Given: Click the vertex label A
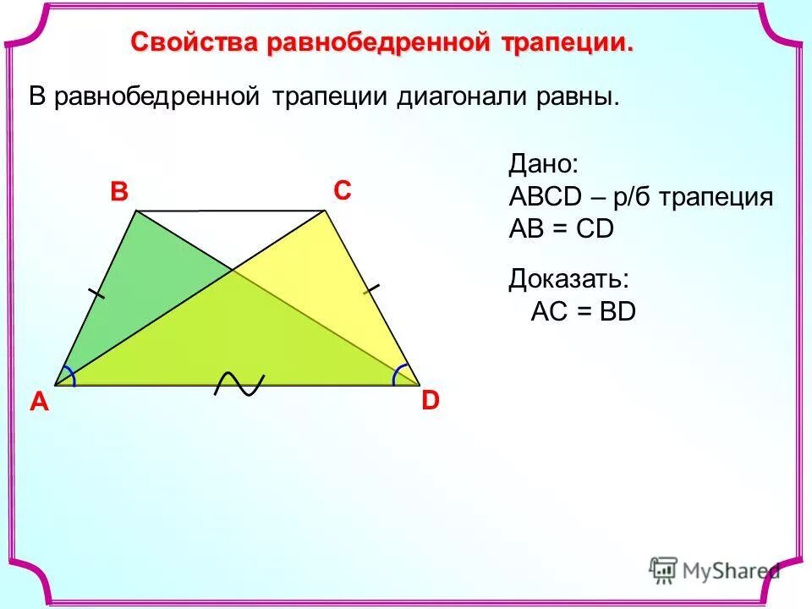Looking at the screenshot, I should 39,404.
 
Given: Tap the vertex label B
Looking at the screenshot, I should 118,193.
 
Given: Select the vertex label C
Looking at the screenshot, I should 342,192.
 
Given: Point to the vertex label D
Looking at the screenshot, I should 431,401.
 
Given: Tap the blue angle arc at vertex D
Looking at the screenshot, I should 402,374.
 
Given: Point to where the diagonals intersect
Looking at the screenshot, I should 233,271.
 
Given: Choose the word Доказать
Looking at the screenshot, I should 568,280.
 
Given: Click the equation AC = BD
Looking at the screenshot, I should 583,312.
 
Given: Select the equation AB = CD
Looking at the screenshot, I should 561,229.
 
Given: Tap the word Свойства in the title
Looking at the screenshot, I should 195,42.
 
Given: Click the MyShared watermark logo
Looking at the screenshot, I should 715,571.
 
